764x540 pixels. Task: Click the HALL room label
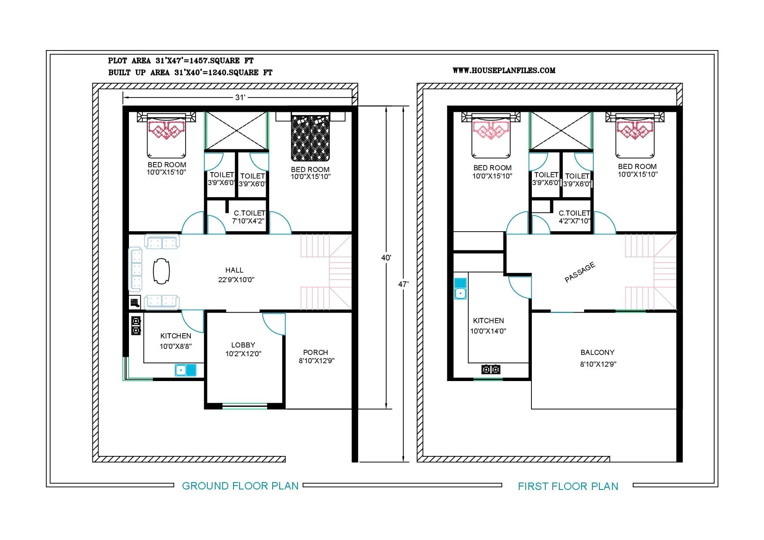[234, 270]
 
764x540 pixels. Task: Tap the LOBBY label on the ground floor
[243, 345]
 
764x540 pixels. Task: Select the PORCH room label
[316, 352]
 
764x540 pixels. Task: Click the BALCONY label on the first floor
[598, 352]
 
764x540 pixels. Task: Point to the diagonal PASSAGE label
[580, 272]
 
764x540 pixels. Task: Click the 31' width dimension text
[240, 98]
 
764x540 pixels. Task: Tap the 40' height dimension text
[386, 258]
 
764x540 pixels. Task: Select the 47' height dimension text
[403, 284]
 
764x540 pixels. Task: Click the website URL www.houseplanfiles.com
[504, 70]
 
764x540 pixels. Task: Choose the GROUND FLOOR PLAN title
[240, 486]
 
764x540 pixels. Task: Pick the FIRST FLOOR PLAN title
[568, 486]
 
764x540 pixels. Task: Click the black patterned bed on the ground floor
[311, 138]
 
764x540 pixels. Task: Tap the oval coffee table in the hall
[161, 271]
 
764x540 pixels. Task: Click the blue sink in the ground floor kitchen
[186, 370]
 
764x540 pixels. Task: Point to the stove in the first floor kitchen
[491, 370]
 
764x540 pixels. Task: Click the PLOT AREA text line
[181, 61]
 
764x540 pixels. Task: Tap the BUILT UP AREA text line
[190, 72]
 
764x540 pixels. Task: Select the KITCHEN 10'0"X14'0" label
[488, 326]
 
